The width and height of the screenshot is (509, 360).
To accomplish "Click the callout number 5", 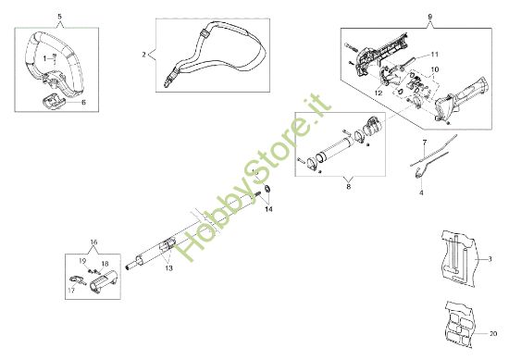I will coord(60,18).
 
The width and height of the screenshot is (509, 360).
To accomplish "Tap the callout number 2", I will coord(143,55).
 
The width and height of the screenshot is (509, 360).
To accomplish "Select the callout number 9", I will coord(430,18).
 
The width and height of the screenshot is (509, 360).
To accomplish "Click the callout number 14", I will coord(269,210).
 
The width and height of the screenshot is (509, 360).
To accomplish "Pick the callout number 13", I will coord(168,268).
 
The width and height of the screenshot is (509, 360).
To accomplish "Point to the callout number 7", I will coord(424,142).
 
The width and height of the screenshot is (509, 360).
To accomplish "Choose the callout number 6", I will coord(83,103).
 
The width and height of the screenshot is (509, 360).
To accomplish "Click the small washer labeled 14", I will coord(265,191).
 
